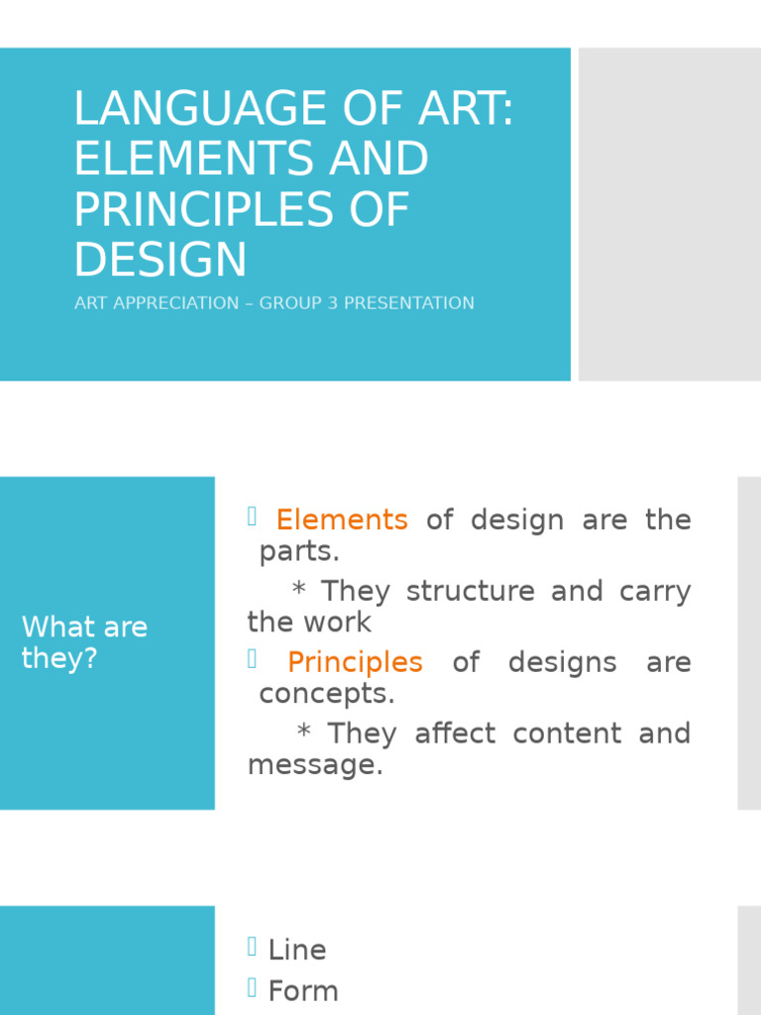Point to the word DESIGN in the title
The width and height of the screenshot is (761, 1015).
tap(161, 259)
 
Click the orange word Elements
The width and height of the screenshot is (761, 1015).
tap(342, 519)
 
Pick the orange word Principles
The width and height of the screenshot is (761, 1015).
tap(355, 662)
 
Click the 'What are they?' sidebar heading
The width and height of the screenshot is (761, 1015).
tap(84, 642)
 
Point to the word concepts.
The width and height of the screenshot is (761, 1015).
tap(326, 694)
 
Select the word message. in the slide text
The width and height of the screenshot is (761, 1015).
tap(315, 765)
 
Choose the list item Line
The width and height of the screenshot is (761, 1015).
tap(297, 950)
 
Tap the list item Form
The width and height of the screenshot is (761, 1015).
tap(303, 991)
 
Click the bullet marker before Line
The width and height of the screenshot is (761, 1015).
tap(254, 948)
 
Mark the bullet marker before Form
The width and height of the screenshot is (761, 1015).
tap(254, 988)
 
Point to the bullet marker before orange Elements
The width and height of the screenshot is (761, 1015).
tap(252, 515)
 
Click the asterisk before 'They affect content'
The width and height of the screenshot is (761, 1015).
tap(304, 733)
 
